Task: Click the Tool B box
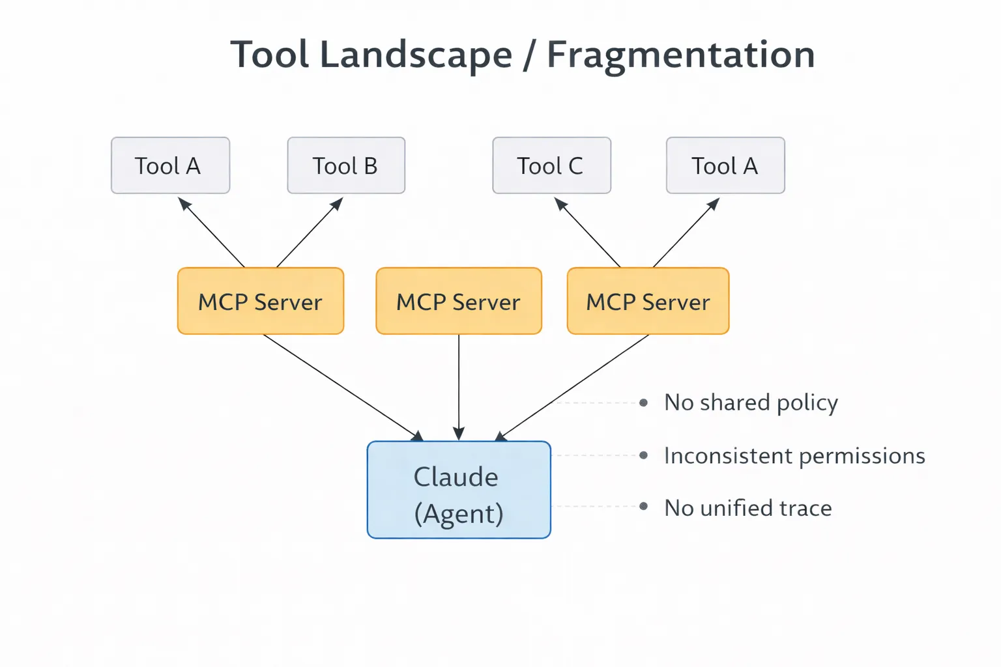pyautogui.click(x=346, y=165)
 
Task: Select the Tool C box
pyautogui.click(x=551, y=165)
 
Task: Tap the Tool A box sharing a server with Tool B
pyautogui.click(x=170, y=165)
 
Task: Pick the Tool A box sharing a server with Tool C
pyautogui.click(x=725, y=165)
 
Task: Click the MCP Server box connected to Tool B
pyautogui.click(x=260, y=301)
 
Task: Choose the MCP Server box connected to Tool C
pyautogui.click(x=648, y=301)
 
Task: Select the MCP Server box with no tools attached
pyautogui.click(x=458, y=301)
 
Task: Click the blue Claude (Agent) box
pyautogui.click(x=458, y=490)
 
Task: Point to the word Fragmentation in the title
pyautogui.click(x=680, y=55)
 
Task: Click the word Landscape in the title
pyautogui.click(x=416, y=55)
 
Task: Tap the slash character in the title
pyautogui.click(x=529, y=55)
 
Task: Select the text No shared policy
pyautogui.click(x=751, y=403)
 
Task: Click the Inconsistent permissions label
pyautogui.click(x=794, y=455)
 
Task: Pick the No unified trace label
pyautogui.click(x=747, y=507)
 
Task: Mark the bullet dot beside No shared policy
pyautogui.click(x=643, y=403)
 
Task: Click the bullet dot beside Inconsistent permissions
pyautogui.click(x=643, y=455)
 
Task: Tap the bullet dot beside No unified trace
pyautogui.click(x=643, y=506)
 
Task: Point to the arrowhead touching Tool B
pyautogui.click(x=337, y=204)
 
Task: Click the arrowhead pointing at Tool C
pyautogui.click(x=560, y=204)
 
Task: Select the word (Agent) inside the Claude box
pyautogui.click(x=459, y=514)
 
